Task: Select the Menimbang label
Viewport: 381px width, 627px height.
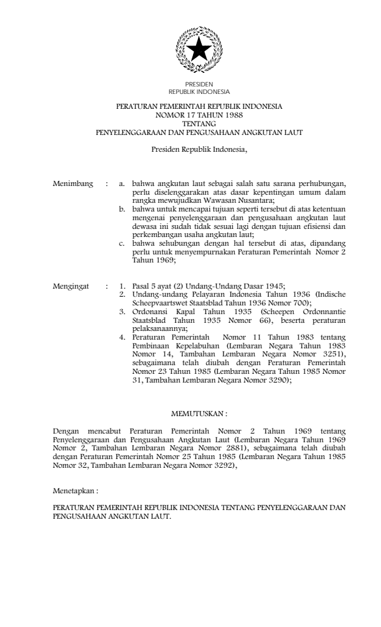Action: [73, 184]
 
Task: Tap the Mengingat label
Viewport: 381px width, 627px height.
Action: [72, 287]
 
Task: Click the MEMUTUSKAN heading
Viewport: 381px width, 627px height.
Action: [199, 414]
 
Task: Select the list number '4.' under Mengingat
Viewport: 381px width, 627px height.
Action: [123, 337]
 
